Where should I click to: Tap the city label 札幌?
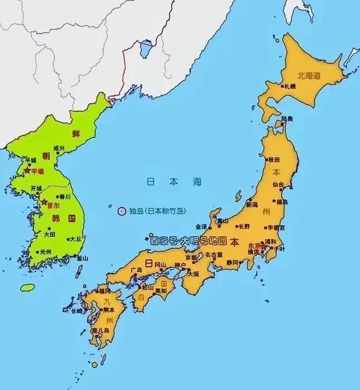click(290, 86)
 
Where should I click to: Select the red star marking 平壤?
click(26, 170)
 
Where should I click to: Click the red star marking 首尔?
click(44, 201)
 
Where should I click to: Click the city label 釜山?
click(83, 258)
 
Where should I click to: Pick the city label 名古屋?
click(213, 254)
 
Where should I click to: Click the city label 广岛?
click(136, 270)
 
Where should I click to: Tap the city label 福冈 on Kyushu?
click(103, 292)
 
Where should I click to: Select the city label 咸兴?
click(58, 149)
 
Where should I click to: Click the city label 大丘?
click(75, 239)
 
